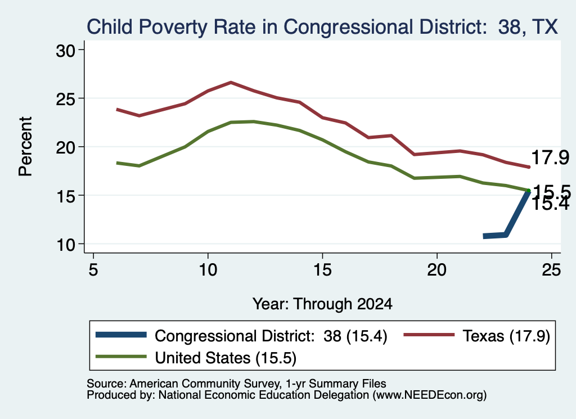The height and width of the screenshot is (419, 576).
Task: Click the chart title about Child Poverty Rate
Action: click(322, 27)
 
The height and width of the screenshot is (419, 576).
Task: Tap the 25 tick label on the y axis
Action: click(65, 99)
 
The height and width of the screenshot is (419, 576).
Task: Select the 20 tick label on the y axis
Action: click(65, 147)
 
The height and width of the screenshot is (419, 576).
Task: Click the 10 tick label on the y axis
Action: click(65, 244)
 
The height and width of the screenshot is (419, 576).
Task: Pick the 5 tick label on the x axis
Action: click(93, 270)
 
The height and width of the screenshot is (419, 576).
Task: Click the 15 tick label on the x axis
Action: click(322, 270)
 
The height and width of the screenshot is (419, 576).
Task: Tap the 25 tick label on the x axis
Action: click(551, 270)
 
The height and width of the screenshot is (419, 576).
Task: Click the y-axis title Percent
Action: click(25, 147)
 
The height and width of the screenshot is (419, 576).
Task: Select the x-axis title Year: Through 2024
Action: click(322, 304)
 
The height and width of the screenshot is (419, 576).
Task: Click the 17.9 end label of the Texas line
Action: click(550, 157)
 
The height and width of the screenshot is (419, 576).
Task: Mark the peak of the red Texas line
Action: click(231, 82)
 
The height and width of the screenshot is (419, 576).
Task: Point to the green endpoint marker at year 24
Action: click(529, 190)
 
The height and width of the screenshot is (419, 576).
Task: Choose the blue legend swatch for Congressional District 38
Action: click(121, 335)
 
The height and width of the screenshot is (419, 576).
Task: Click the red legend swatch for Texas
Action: click(429, 335)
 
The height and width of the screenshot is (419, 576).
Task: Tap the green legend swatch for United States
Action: click(121, 357)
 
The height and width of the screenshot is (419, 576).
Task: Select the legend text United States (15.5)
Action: click(226, 358)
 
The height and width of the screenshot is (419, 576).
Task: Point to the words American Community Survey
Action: click(204, 384)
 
